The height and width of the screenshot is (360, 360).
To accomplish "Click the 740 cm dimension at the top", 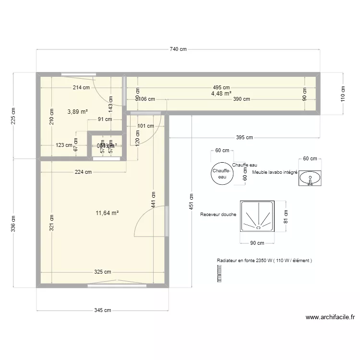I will click(x=178, y=49).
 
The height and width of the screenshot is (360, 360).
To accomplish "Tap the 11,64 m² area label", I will click(x=108, y=213).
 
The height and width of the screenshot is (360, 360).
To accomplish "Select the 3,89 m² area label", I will click(x=77, y=111).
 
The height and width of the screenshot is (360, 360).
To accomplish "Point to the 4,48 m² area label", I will click(x=221, y=94).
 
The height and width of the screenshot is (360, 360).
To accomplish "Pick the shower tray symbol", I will click(x=258, y=216).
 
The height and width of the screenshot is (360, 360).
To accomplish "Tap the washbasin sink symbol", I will click(x=310, y=178).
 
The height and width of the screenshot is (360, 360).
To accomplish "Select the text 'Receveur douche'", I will click(x=218, y=215).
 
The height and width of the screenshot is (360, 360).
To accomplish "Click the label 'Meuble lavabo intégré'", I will click(x=275, y=172).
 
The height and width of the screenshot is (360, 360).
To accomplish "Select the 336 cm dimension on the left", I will click(x=13, y=222).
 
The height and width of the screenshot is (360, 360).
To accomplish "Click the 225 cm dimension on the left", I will click(x=13, y=115).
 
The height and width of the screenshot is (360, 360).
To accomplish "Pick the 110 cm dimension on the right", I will click(x=343, y=93).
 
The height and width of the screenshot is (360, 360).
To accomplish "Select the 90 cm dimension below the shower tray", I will click(x=257, y=243).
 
